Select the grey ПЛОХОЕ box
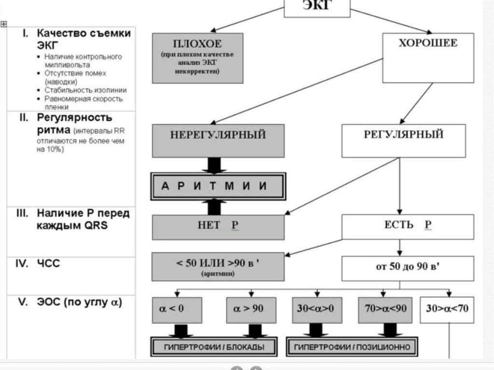coord(197,58)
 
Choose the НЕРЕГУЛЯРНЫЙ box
coord(218,140)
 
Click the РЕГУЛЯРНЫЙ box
coord(403,140)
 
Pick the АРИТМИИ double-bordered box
coord(218,186)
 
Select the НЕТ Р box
coord(218,227)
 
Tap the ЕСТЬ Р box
coord(408,227)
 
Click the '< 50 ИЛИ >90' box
coord(218,267)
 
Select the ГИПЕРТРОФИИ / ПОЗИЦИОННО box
coord(352,347)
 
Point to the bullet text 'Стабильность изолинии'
coord(85,90)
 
